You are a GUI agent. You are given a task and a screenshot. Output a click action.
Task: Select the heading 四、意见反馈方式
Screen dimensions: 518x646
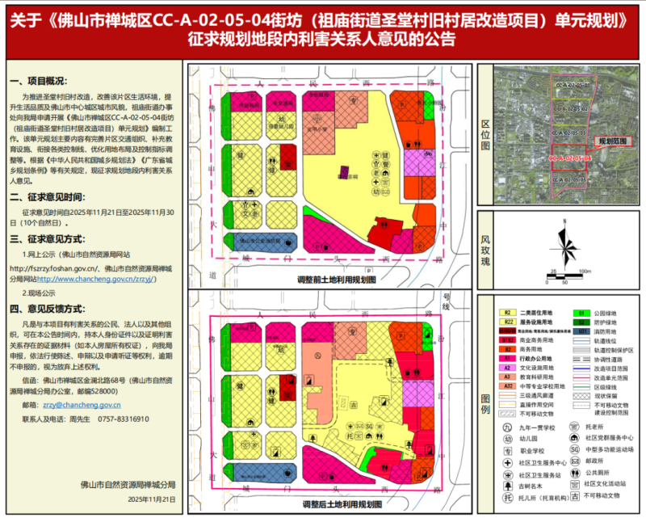pos(46,309)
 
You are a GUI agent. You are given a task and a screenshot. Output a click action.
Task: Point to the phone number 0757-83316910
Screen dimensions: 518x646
pos(123,419)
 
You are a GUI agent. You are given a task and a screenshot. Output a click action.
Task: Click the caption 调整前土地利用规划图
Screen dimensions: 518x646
pos(337,279)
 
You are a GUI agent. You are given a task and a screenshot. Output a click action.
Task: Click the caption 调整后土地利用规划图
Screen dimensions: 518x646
pos(337,505)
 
